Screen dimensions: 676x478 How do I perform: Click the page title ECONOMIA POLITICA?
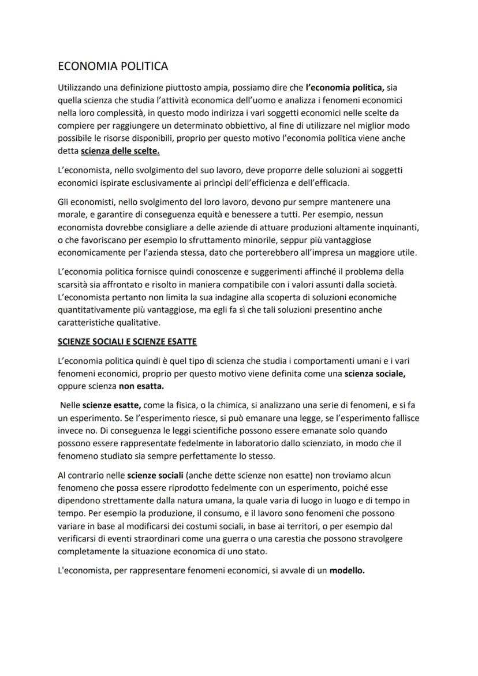coord(113,66)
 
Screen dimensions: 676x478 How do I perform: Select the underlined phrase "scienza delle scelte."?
coord(120,151)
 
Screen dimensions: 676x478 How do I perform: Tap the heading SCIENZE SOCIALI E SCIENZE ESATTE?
coord(128,342)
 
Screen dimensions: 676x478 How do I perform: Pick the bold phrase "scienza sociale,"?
coord(375,374)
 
